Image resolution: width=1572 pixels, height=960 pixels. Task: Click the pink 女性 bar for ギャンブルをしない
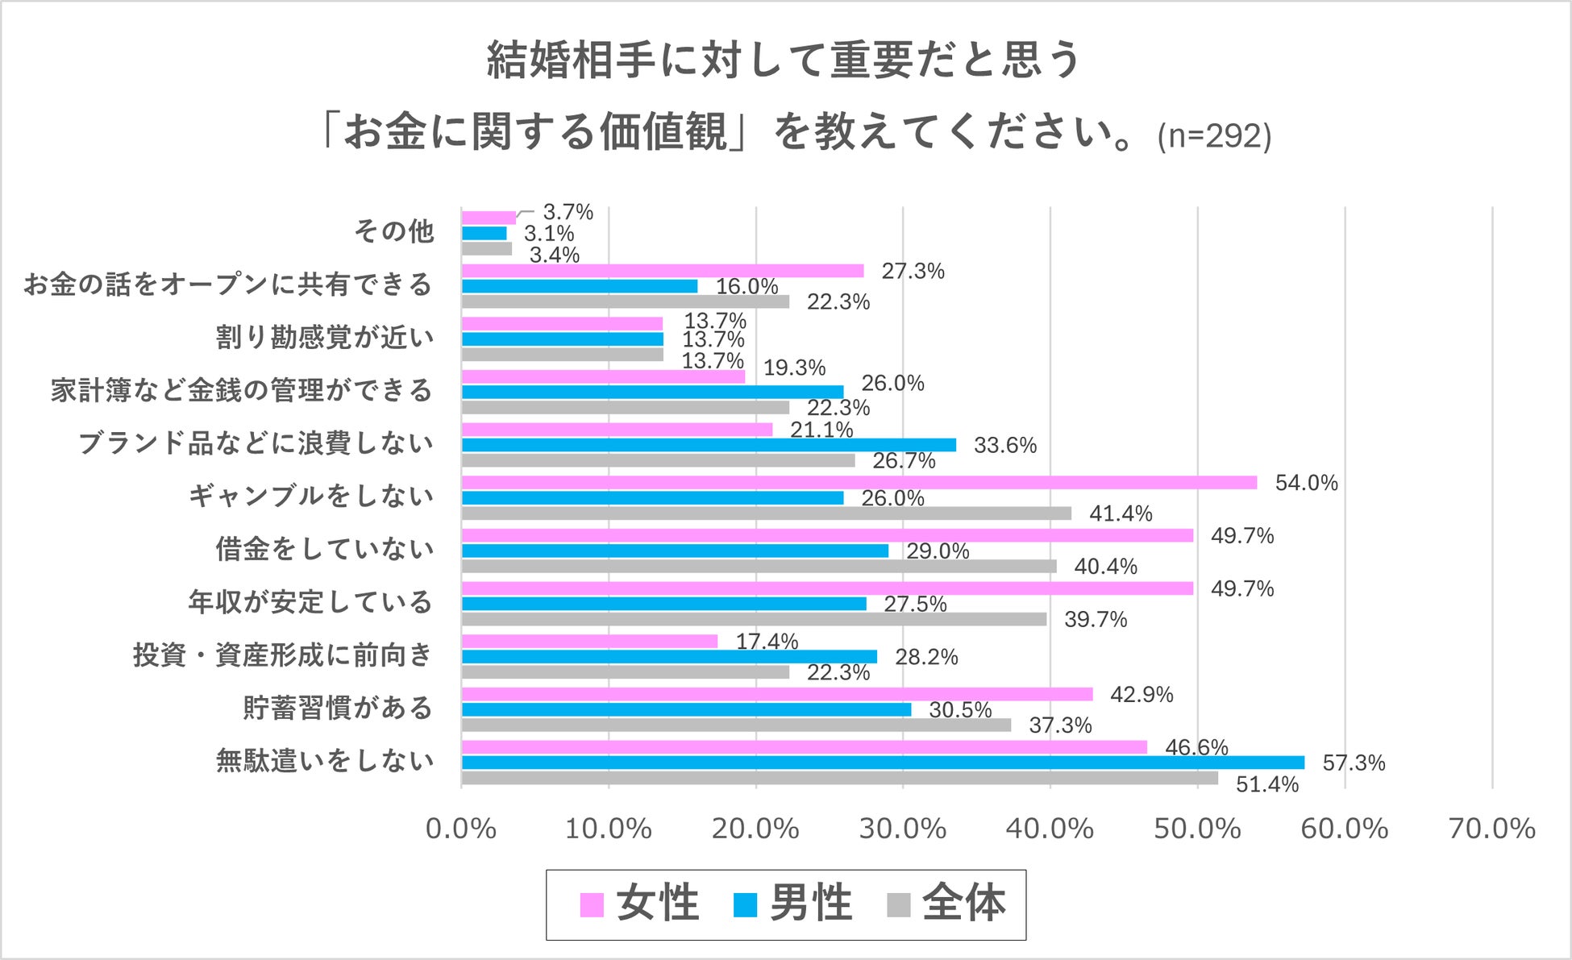tap(859, 482)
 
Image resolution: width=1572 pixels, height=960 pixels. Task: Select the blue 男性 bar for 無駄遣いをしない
tap(883, 763)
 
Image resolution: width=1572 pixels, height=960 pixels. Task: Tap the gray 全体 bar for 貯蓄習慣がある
tap(736, 725)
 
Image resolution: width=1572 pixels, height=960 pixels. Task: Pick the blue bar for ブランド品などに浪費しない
tap(709, 445)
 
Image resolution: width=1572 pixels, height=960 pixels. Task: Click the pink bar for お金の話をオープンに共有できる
tap(663, 271)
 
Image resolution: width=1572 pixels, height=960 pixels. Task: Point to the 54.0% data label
tap(1306, 483)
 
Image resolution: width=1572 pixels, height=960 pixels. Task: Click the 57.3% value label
tap(1354, 763)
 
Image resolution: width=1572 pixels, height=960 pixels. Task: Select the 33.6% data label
tap(1005, 445)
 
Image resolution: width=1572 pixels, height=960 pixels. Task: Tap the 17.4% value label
tap(767, 642)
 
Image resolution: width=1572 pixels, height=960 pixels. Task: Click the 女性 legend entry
tap(639, 904)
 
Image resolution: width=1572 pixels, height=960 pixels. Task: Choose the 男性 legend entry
tap(792, 904)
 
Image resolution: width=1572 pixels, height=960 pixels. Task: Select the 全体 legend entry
tap(946, 904)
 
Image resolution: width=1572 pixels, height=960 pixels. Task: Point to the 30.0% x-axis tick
tap(903, 829)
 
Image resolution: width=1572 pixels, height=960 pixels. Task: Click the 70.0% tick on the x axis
tap(1492, 829)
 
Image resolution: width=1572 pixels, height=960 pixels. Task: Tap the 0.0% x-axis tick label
tap(461, 829)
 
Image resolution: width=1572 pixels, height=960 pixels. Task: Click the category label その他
tap(394, 231)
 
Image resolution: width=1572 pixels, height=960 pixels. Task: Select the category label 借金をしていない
tap(325, 549)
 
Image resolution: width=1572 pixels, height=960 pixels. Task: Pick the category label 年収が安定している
tap(311, 602)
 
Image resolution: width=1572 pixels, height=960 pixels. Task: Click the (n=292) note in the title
tap(1214, 136)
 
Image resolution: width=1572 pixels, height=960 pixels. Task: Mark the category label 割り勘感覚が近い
tap(325, 337)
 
